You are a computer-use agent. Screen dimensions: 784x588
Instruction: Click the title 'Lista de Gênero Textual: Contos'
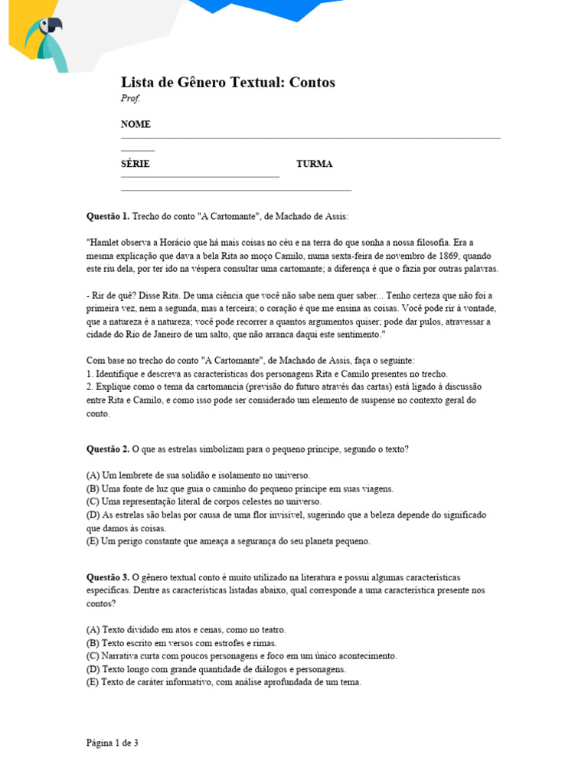(227, 82)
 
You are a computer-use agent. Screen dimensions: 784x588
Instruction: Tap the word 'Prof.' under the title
(130, 98)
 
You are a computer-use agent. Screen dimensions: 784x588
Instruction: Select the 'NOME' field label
(136, 124)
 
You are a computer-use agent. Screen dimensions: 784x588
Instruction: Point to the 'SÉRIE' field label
(135, 164)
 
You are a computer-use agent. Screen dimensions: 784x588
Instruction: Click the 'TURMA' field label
(314, 164)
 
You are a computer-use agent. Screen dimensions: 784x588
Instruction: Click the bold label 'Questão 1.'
(108, 217)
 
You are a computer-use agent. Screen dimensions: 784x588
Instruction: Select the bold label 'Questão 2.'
(108, 449)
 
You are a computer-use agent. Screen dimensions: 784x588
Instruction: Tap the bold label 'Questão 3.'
(108, 577)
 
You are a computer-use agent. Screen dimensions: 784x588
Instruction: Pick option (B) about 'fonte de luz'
(239, 488)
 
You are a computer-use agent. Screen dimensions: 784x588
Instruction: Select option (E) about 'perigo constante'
(227, 541)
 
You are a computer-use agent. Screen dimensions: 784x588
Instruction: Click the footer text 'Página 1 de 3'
(112, 743)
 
